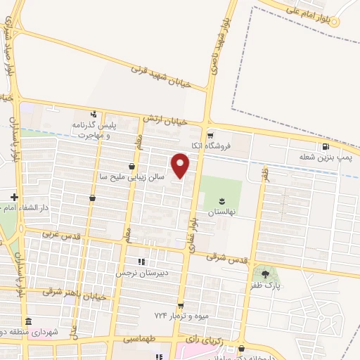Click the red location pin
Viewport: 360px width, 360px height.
(x=181, y=166)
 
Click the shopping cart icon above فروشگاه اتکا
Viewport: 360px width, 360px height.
(x=210, y=134)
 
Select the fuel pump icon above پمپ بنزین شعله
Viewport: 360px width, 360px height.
(x=326, y=147)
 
